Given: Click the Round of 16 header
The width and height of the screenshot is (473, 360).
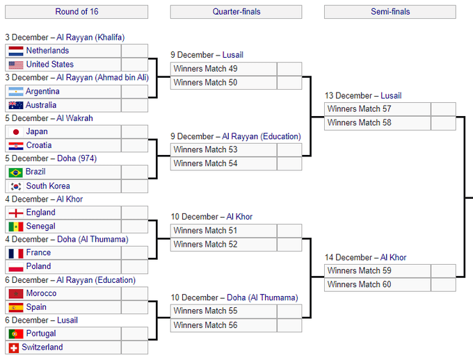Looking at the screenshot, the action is click(77, 12).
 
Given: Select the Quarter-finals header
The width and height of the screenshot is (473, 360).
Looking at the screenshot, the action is click(236, 12).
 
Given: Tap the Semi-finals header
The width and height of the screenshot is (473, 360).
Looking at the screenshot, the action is click(390, 12).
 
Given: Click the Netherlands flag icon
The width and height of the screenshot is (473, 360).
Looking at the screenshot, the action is click(16, 51).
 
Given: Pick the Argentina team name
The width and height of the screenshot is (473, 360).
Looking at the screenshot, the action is click(42, 91).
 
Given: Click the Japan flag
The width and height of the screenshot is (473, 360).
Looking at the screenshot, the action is click(16, 132).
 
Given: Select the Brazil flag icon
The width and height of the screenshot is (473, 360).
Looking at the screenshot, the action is click(16, 172).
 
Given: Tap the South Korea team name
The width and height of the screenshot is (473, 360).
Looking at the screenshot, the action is click(48, 186).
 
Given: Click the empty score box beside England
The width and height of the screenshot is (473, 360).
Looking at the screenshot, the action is click(134, 213).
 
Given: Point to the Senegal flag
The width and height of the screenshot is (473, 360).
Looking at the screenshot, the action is click(16, 227).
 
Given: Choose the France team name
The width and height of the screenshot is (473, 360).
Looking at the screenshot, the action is click(38, 252).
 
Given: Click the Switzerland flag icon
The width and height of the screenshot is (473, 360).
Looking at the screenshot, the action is click(14, 348).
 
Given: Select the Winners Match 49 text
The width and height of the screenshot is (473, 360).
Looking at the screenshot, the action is click(205, 69).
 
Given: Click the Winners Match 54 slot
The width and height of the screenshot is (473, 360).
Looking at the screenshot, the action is click(223, 164).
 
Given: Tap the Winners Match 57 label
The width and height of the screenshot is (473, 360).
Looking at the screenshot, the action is click(360, 109).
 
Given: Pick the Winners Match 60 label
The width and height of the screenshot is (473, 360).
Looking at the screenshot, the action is click(360, 284).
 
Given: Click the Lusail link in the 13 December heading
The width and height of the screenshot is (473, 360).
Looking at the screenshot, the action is click(391, 96).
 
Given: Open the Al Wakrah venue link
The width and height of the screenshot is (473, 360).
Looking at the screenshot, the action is click(74, 118).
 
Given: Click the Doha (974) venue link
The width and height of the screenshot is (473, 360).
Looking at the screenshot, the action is click(77, 158).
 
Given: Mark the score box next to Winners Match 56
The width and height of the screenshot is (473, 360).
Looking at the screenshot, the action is click(289, 325).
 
